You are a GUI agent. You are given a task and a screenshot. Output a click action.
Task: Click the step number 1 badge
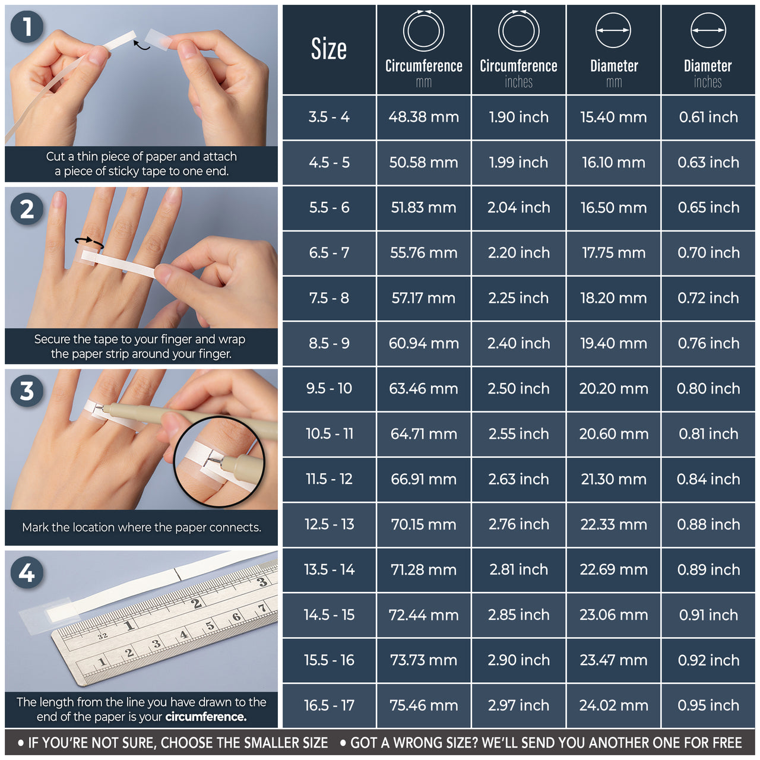click(x=27, y=27)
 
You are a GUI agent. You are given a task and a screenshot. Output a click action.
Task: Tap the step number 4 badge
click(x=27, y=573)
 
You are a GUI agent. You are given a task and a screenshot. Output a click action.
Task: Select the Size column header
click(x=329, y=49)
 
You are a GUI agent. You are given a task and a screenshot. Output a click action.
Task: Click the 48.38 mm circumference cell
click(x=423, y=117)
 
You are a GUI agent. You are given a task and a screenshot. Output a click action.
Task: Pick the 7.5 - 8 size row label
click(x=329, y=298)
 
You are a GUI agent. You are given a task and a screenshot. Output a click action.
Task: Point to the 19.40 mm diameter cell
click(x=613, y=343)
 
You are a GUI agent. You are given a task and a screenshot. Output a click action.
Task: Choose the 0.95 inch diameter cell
click(x=708, y=705)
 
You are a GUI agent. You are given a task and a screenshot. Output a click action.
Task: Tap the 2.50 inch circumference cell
click(x=518, y=388)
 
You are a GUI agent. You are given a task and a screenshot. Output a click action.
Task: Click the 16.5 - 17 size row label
click(x=329, y=705)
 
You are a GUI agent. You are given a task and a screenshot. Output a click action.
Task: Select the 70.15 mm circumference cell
click(x=423, y=524)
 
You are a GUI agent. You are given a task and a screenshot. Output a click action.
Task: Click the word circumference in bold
click(x=205, y=717)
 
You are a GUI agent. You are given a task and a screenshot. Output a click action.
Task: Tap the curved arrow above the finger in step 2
click(x=89, y=242)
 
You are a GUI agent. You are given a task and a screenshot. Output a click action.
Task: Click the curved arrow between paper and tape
click(x=141, y=45)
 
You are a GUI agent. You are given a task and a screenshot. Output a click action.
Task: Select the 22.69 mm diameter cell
click(x=613, y=569)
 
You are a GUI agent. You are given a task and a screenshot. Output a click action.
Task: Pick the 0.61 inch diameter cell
click(x=708, y=117)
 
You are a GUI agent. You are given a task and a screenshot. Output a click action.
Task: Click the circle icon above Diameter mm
click(x=613, y=30)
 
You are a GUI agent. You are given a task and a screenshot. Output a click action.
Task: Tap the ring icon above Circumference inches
click(x=518, y=30)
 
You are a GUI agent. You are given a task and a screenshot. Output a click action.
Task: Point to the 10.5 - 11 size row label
click(x=329, y=434)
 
